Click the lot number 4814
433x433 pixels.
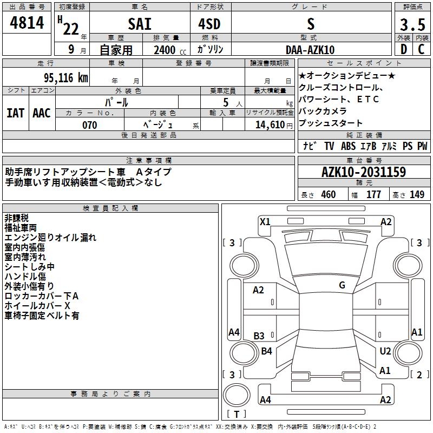click(x=27, y=23)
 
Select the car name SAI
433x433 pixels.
click(x=140, y=24)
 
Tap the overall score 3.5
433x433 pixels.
click(x=412, y=24)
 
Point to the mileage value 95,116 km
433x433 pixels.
click(x=66, y=78)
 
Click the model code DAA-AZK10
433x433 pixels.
click(x=310, y=50)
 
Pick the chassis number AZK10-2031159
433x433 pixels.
click(x=364, y=172)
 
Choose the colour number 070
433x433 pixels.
click(x=90, y=125)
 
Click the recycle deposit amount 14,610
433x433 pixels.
click(x=270, y=125)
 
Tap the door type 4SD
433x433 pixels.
click(x=209, y=24)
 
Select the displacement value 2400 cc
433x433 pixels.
click(x=170, y=50)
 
